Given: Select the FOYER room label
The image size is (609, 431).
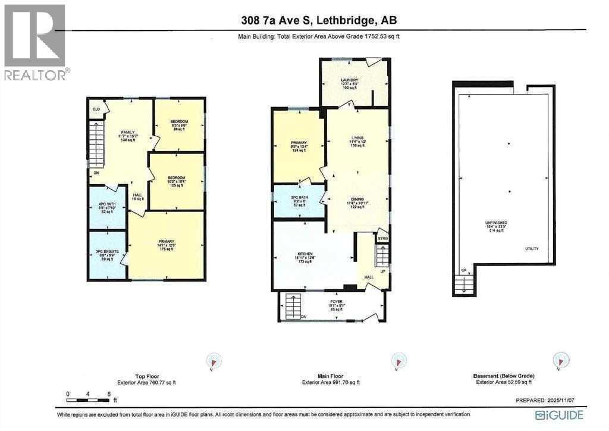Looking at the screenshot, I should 337,302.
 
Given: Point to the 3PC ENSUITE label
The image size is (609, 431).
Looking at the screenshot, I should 108,253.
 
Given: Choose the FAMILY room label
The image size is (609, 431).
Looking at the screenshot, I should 126,132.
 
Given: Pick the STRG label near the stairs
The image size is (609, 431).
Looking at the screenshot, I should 382,239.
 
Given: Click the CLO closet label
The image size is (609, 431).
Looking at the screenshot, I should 96,110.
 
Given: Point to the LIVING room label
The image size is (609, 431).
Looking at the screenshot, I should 357,137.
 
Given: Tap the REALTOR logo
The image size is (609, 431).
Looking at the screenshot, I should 36,42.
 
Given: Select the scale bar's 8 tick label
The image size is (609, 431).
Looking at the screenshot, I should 109,393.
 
